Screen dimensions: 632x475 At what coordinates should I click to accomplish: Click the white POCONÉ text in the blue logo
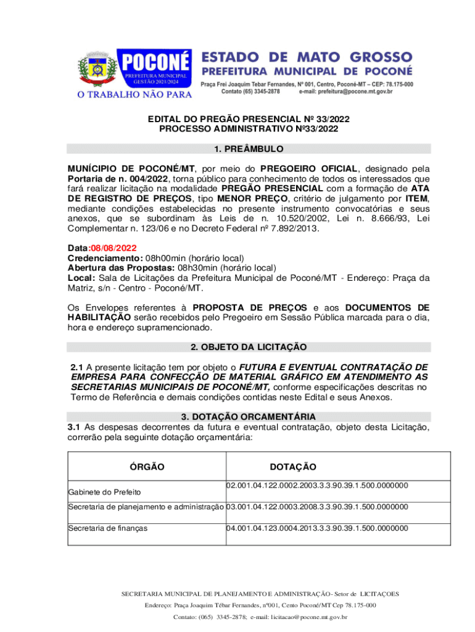(155, 62)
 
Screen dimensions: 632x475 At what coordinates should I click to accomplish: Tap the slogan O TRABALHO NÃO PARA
(134, 94)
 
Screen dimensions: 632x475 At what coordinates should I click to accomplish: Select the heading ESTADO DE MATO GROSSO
(307, 56)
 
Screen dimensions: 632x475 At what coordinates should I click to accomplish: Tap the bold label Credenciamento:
(105, 258)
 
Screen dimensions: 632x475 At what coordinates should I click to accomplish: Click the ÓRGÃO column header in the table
(147, 467)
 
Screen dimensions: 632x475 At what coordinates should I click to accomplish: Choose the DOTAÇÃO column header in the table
(292, 467)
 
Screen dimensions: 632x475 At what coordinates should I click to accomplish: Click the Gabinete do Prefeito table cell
(104, 492)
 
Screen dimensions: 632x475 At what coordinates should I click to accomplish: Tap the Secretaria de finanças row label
(108, 528)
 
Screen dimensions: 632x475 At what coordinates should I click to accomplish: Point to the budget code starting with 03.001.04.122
(317, 507)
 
